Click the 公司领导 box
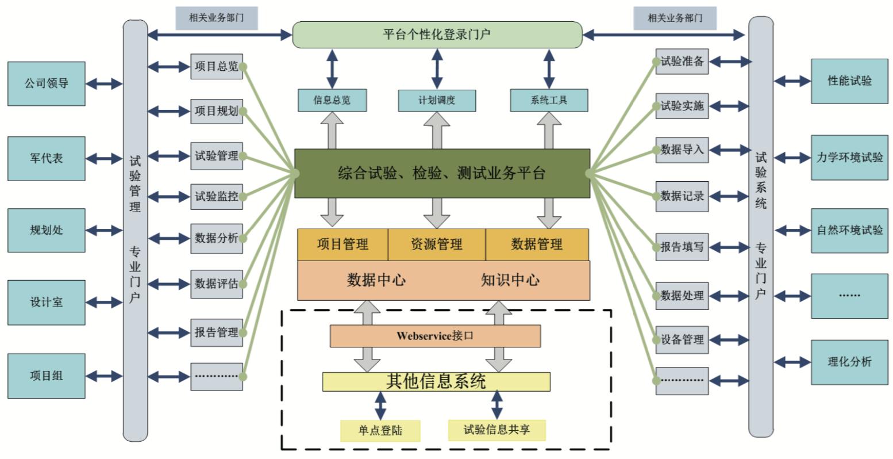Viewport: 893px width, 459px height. coord(46,83)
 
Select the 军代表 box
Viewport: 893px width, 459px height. coord(46,158)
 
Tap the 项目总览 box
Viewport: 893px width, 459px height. coord(217,66)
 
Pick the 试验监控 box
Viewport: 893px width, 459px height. coord(217,196)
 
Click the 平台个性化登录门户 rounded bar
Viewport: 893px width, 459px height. coord(437,35)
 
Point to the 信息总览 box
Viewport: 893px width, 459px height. coord(332,100)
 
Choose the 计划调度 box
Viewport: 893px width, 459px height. coord(437,100)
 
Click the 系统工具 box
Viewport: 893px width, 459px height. coord(549,100)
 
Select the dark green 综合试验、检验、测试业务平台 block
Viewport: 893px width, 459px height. coord(442,173)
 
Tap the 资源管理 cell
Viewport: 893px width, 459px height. coord(437,244)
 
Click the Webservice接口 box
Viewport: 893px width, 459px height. coord(436,336)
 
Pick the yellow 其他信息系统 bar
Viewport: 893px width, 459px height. coord(436,381)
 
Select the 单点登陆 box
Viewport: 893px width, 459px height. coord(380,431)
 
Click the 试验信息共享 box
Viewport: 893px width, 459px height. coord(496,430)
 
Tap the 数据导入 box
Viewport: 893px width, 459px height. coord(682,150)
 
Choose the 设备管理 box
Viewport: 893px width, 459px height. coord(682,340)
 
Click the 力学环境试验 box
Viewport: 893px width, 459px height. coord(849,158)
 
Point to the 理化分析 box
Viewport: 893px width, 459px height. coord(849,362)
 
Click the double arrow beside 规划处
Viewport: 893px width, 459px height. coord(104,230)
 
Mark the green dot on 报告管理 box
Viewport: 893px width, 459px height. coord(243,332)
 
